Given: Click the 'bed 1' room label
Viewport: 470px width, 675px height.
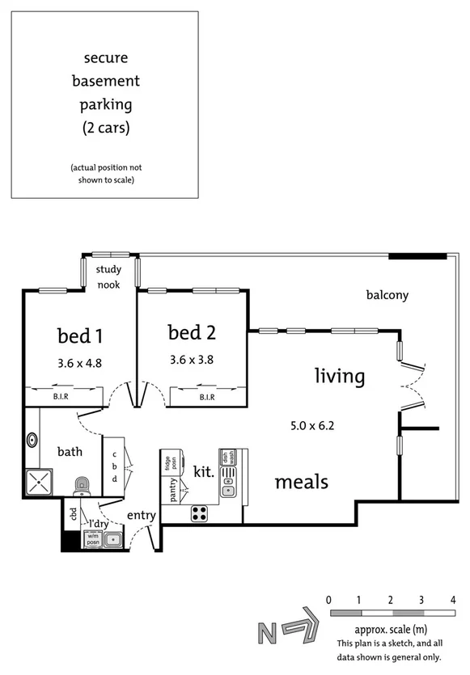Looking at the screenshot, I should (x=79, y=335).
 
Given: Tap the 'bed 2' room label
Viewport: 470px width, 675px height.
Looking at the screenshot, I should (x=193, y=331).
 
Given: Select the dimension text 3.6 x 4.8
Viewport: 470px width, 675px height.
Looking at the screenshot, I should (x=79, y=363).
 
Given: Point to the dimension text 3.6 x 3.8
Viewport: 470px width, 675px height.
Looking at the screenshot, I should (x=193, y=360).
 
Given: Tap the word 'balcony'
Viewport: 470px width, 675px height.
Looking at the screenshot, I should (x=387, y=295).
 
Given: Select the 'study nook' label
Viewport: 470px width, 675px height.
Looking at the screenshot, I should (x=109, y=276).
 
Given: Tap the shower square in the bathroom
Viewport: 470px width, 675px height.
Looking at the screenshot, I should (x=39, y=483).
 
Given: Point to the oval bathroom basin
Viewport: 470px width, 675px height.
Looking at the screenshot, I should (x=32, y=441).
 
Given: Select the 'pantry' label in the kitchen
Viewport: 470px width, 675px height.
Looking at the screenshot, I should (x=170, y=491).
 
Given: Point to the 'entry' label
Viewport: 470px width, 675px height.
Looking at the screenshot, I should (x=141, y=516).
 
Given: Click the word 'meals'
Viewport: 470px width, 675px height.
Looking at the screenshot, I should (x=301, y=482).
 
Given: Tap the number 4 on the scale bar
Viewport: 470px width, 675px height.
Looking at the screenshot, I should (x=452, y=600).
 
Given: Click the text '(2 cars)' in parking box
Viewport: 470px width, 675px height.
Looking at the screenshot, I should (x=105, y=127).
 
